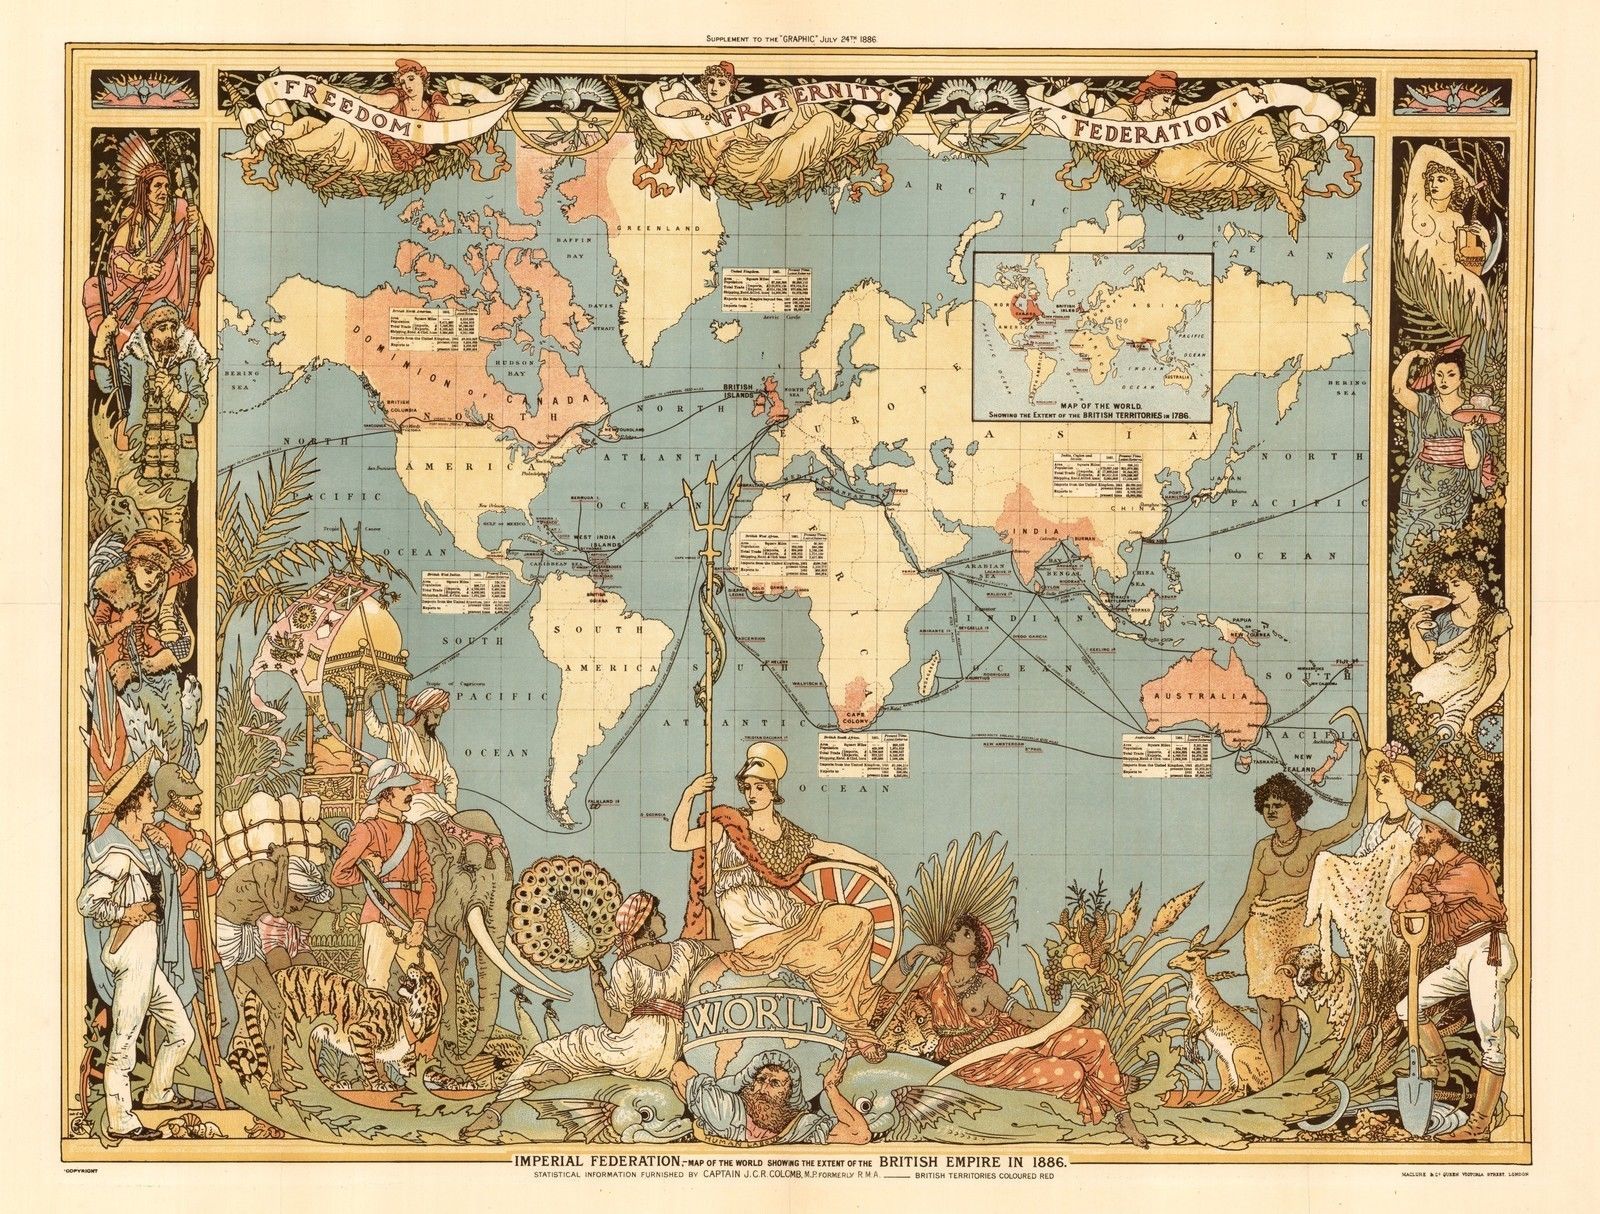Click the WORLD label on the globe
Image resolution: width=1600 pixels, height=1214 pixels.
click(760, 1019)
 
